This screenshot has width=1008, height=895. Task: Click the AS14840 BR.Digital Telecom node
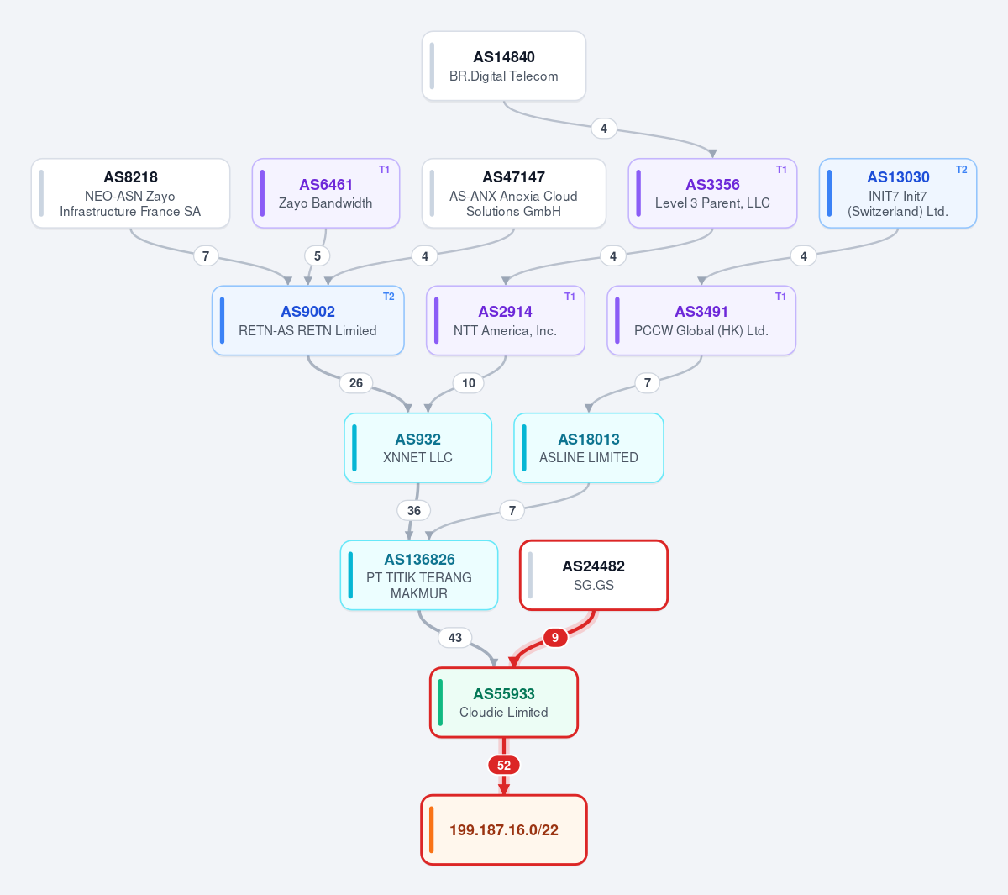503,66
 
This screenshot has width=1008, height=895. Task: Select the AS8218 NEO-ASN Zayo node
130,193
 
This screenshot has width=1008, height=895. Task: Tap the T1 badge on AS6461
384,170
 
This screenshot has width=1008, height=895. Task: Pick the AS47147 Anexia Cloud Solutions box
513,193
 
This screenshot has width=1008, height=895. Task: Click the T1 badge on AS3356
782,170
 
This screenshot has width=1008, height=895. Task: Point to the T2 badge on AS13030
961,170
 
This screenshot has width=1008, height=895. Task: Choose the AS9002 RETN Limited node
308,320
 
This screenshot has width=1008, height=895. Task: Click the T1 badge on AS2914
570,297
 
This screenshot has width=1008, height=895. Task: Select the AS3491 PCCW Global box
701,320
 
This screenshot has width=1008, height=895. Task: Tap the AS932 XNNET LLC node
418,447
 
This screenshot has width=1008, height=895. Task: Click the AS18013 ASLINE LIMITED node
589,447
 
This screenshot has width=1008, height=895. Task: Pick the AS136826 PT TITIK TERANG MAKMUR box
419,575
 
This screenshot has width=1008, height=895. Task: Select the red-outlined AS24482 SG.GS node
594,575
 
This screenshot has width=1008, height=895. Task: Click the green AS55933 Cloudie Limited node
503,703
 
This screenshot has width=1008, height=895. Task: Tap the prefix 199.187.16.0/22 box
503,829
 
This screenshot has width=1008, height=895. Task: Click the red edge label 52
503,765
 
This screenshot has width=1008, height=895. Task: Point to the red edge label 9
555,638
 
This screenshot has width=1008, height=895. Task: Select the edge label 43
454,638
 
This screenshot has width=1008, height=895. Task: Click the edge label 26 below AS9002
355,382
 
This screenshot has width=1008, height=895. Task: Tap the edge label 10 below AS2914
468,382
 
